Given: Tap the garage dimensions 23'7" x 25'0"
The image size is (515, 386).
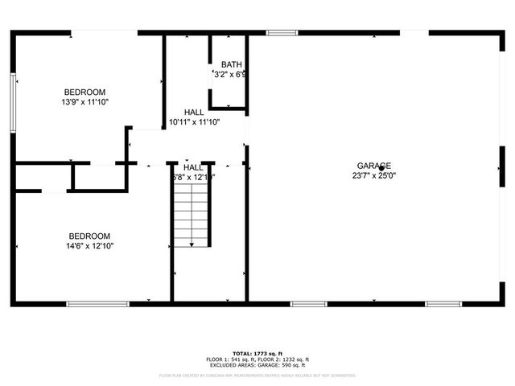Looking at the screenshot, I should [x=374, y=175].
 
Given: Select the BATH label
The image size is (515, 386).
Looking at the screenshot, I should [x=232, y=65].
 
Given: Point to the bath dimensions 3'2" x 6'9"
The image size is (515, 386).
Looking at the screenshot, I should [x=229, y=75].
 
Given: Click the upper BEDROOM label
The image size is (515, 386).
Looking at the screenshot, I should [x=84, y=92].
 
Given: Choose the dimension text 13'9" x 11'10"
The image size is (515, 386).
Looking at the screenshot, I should [x=84, y=102].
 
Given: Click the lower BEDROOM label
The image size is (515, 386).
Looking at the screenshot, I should [x=89, y=236].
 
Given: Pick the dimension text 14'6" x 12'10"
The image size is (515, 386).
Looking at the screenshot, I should [x=89, y=247].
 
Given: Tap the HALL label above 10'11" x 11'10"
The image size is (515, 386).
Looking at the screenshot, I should [x=194, y=113].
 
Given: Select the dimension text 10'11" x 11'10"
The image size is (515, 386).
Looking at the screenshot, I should [x=194, y=122].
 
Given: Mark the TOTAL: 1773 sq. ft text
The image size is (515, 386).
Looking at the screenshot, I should [x=257, y=354].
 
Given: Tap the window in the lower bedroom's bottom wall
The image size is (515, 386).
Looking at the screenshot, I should [x=97, y=304].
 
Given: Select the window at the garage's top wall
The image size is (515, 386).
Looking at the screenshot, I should [x=279, y=33].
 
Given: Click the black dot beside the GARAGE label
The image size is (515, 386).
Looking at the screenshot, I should [x=381, y=168].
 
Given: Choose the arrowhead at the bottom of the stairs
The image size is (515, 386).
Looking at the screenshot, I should [x=192, y=243].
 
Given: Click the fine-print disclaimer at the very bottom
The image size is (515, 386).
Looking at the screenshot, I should [x=257, y=375].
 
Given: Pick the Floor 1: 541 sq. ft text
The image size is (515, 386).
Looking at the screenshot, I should [x=229, y=359].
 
